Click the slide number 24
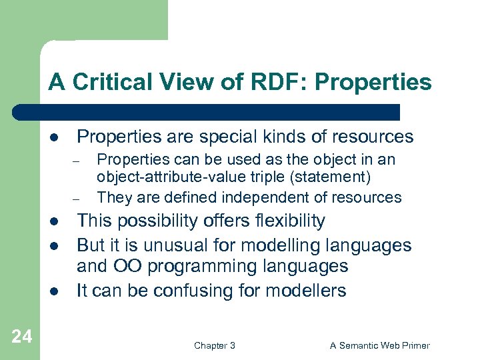click(x=21, y=337)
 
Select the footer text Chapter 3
click(x=214, y=345)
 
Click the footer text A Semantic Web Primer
click(x=380, y=345)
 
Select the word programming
click(x=201, y=267)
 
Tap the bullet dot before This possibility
click(x=53, y=221)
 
